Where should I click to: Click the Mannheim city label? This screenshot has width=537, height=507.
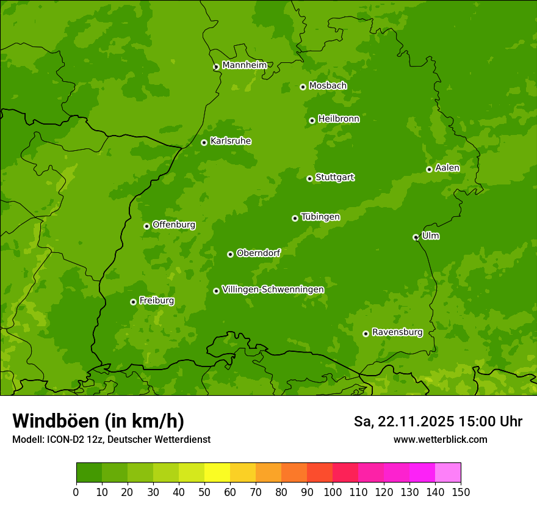click(244, 65)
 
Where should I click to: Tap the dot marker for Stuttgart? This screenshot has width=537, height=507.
click(309, 178)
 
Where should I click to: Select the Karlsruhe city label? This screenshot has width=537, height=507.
click(230, 141)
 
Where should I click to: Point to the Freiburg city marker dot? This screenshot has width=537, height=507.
click(133, 302)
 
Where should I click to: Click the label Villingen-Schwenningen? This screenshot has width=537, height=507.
click(273, 289)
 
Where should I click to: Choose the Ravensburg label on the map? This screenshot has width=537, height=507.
click(397, 332)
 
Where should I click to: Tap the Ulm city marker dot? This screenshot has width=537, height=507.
click(416, 237)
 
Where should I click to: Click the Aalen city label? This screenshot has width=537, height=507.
click(447, 168)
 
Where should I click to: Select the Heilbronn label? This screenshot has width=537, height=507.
click(338, 119)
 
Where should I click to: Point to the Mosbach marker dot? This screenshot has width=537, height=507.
click(303, 87)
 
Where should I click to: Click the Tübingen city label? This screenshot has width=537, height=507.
click(320, 217)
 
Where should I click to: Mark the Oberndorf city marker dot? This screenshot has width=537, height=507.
click(230, 254)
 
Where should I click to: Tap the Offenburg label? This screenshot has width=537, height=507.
click(174, 225)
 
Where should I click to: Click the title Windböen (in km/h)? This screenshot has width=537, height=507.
click(98, 421)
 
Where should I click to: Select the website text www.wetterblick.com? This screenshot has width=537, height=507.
click(440, 439)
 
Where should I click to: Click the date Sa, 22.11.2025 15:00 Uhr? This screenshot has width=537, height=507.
click(438, 421)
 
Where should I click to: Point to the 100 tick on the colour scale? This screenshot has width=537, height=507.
click(333, 492)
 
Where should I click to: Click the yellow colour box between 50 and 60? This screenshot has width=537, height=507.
click(217, 473)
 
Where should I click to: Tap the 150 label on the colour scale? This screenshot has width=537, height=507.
click(461, 492)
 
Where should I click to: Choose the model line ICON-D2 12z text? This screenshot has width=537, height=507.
click(111, 439)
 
